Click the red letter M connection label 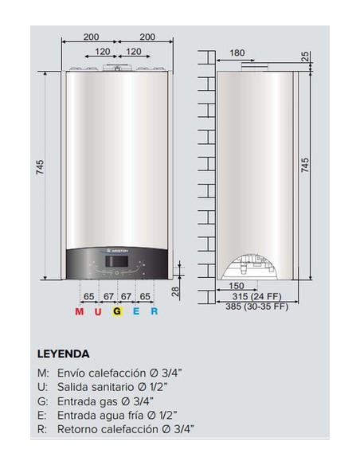tap(79, 311)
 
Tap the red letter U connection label tap(98, 311)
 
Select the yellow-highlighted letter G tap(117, 311)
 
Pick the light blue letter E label tap(136, 311)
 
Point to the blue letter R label tap(155, 311)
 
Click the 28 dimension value tap(175, 291)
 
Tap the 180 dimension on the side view tap(237, 53)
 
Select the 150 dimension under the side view tap(237, 286)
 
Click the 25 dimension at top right tap(305, 56)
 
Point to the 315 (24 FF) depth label tap(256, 296)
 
